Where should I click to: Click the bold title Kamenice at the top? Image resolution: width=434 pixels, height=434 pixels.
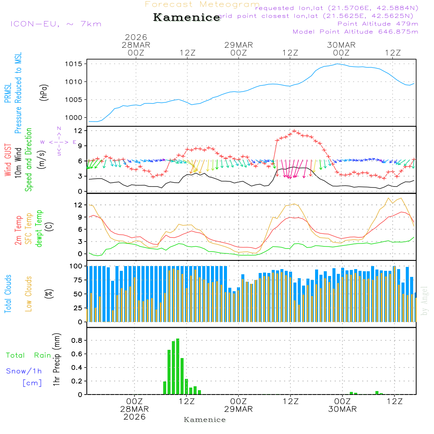coord(187,18)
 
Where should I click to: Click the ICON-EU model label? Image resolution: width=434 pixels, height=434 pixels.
coord(56,24)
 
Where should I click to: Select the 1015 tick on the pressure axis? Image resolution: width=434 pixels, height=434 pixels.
coord(74,64)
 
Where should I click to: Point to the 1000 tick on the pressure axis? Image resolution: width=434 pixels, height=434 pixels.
coord(74,118)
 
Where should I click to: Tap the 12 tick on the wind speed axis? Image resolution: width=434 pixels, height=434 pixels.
coord(79,131)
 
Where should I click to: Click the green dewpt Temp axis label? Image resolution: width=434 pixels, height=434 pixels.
coord(39,229)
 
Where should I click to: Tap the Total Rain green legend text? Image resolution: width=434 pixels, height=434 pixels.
coord(29,355)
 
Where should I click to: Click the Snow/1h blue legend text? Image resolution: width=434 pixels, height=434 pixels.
coord(24,371)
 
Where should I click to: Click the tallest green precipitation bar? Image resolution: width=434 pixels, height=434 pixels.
coord(178,366)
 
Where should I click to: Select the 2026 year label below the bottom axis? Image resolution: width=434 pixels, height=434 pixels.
coord(135,417)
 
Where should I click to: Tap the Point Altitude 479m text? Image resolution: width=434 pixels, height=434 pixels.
coord(378,24)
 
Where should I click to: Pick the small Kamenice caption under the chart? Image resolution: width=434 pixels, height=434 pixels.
coord(205,420)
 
